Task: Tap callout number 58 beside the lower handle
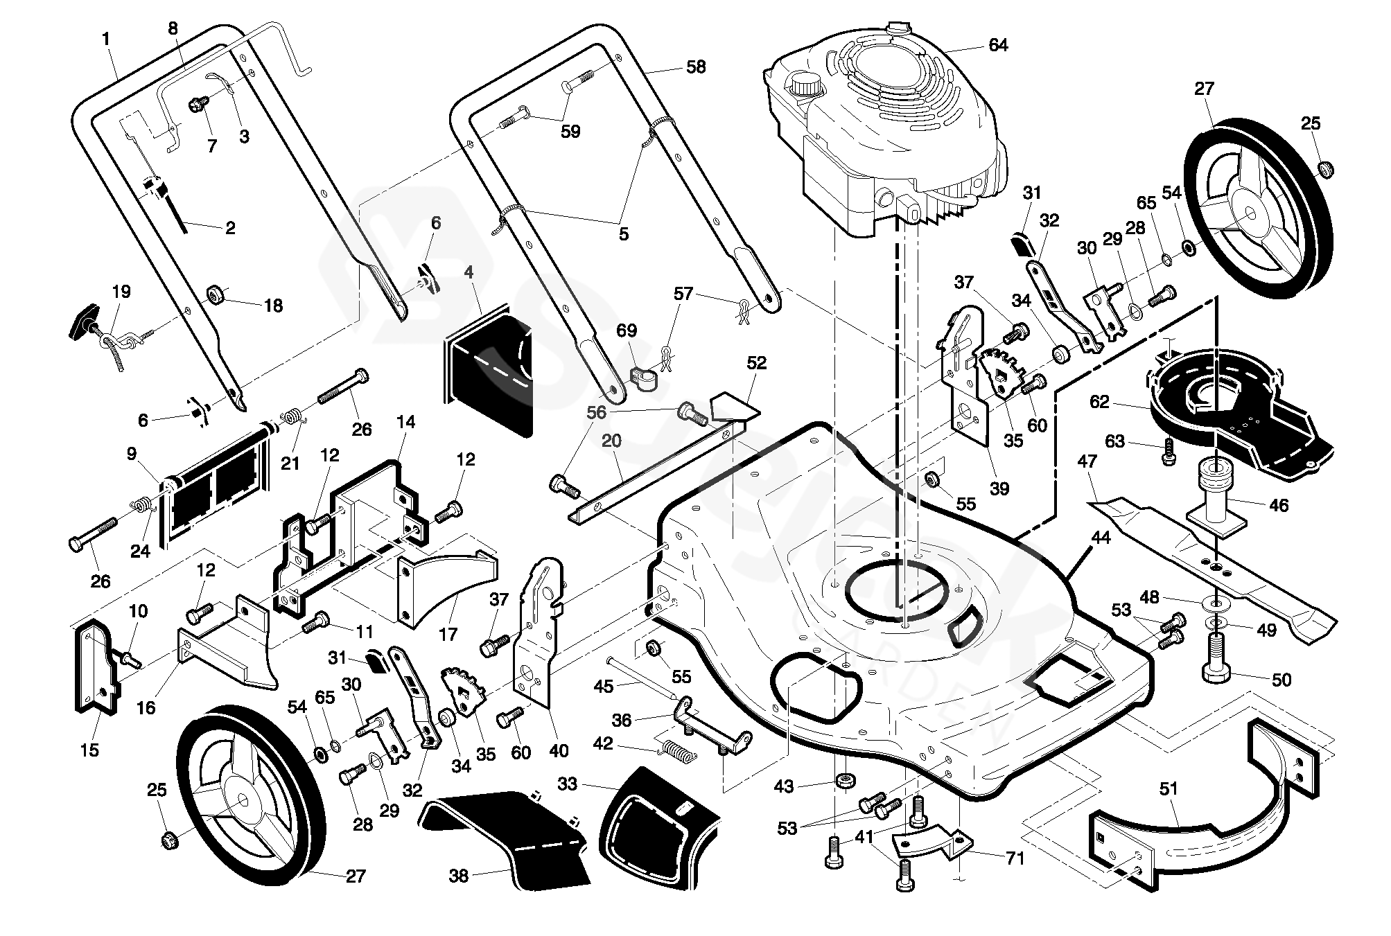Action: pos(695,67)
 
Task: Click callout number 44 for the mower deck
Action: pos(1101,538)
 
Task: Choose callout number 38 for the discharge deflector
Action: pos(458,876)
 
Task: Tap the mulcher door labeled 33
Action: pos(658,824)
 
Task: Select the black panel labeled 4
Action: pos(489,374)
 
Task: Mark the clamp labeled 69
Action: pos(644,378)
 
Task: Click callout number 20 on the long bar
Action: pos(611,441)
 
